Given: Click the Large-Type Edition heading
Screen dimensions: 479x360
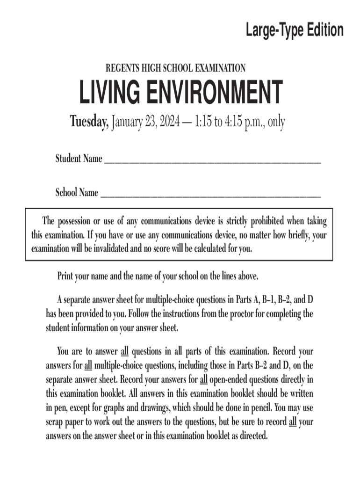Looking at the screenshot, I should [x=295, y=30].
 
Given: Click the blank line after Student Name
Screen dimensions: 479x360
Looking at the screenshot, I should [x=212, y=161].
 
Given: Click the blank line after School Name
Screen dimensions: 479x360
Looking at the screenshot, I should [x=210, y=195].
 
